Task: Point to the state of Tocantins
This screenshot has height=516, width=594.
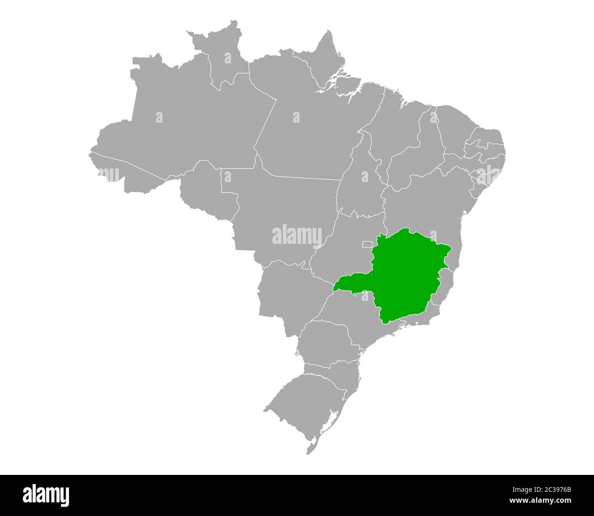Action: (361, 183)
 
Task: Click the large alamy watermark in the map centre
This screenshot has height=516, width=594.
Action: (297, 235)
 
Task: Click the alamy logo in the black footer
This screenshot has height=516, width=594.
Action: (46, 495)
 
